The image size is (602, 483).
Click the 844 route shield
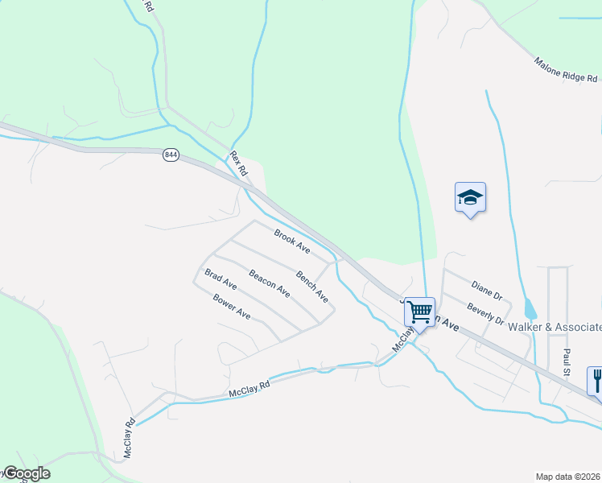coord(170,155)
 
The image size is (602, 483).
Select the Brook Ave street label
coord(291,239)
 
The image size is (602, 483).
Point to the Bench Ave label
coord(312,287)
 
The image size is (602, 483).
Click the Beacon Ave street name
coord(269,283)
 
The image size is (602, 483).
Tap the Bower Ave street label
coord(232,307)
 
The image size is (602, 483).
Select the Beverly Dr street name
coord(485,314)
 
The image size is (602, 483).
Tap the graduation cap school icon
coord(470,197)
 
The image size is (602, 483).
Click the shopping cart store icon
coord(419,312)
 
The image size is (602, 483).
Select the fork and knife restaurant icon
coord(596,378)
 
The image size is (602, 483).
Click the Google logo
coord(26,473)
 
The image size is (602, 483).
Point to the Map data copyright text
coord(568,477)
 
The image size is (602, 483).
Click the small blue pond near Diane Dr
coord(529,308)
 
